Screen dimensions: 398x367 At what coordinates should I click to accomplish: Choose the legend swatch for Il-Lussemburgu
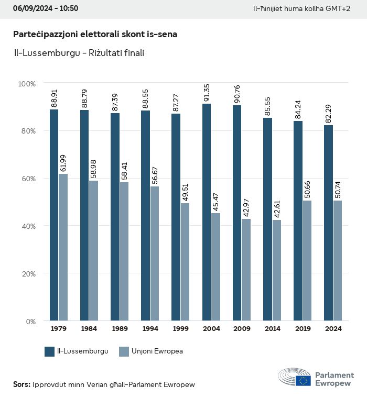(x=50, y=351)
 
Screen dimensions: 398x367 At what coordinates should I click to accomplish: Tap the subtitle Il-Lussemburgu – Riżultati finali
(x=79, y=53)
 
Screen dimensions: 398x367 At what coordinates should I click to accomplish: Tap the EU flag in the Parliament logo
(x=303, y=381)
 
